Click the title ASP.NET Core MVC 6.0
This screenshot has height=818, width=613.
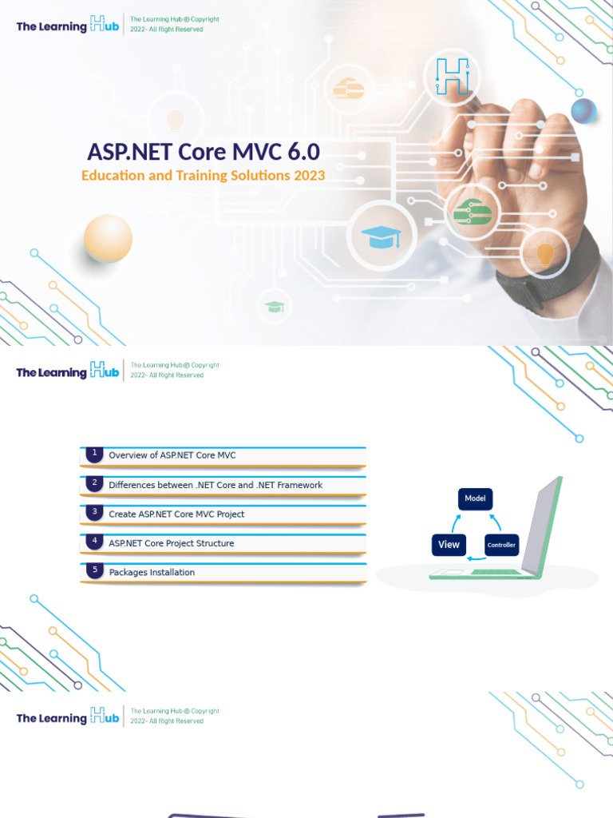click(204, 153)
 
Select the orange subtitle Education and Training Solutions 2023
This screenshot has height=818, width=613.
click(203, 176)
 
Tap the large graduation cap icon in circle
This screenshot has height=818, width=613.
click(381, 235)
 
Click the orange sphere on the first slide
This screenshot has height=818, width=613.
click(108, 238)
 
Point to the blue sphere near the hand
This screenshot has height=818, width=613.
click(583, 111)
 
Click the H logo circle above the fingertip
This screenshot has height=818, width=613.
click(452, 77)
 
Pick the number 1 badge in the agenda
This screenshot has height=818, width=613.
click(94, 454)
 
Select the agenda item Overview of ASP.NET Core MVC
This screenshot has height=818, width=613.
click(172, 455)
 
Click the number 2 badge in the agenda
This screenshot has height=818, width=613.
click(94, 483)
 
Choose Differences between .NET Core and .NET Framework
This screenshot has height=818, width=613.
click(216, 485)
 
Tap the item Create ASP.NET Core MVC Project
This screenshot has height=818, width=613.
click(176, 514)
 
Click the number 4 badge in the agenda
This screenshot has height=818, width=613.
click(94, 542)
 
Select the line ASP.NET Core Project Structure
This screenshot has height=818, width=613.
click(172, 543)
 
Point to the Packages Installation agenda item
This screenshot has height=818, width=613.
click(152, 572)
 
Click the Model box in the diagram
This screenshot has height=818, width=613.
click(476, 498)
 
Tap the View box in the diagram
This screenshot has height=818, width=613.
click(449, 545)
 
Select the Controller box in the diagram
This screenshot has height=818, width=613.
click(501, 546)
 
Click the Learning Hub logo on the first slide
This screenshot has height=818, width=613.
click(68, 26)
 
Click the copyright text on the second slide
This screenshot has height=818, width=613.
click(175, 370)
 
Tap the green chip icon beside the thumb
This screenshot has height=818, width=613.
click(472, 212)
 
